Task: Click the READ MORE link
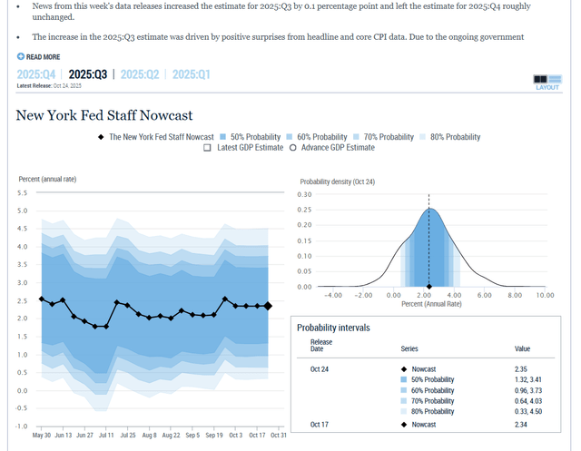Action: (38, 56)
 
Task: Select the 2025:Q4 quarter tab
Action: (36, 74)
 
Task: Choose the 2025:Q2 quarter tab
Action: (140, 74)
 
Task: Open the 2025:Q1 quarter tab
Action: (192, 74)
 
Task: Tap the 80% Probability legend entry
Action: (450, 137)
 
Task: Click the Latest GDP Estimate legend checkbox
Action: (207, 148)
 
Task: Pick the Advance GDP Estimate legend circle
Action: (292, 148)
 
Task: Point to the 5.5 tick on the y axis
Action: (22, 193)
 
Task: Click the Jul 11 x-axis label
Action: (106, 435)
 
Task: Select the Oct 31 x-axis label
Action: (279, 435)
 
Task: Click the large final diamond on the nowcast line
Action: (268, 306)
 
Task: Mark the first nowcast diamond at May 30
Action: (42, 299)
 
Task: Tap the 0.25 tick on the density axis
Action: (304, 210)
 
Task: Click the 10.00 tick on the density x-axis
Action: (545, 295)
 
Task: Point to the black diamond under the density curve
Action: (429, 287)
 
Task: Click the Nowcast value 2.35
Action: (520, 369)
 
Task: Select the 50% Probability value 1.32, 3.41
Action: (528, 379)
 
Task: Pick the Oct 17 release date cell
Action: (319, 425)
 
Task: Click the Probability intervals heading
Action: (333, 328)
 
